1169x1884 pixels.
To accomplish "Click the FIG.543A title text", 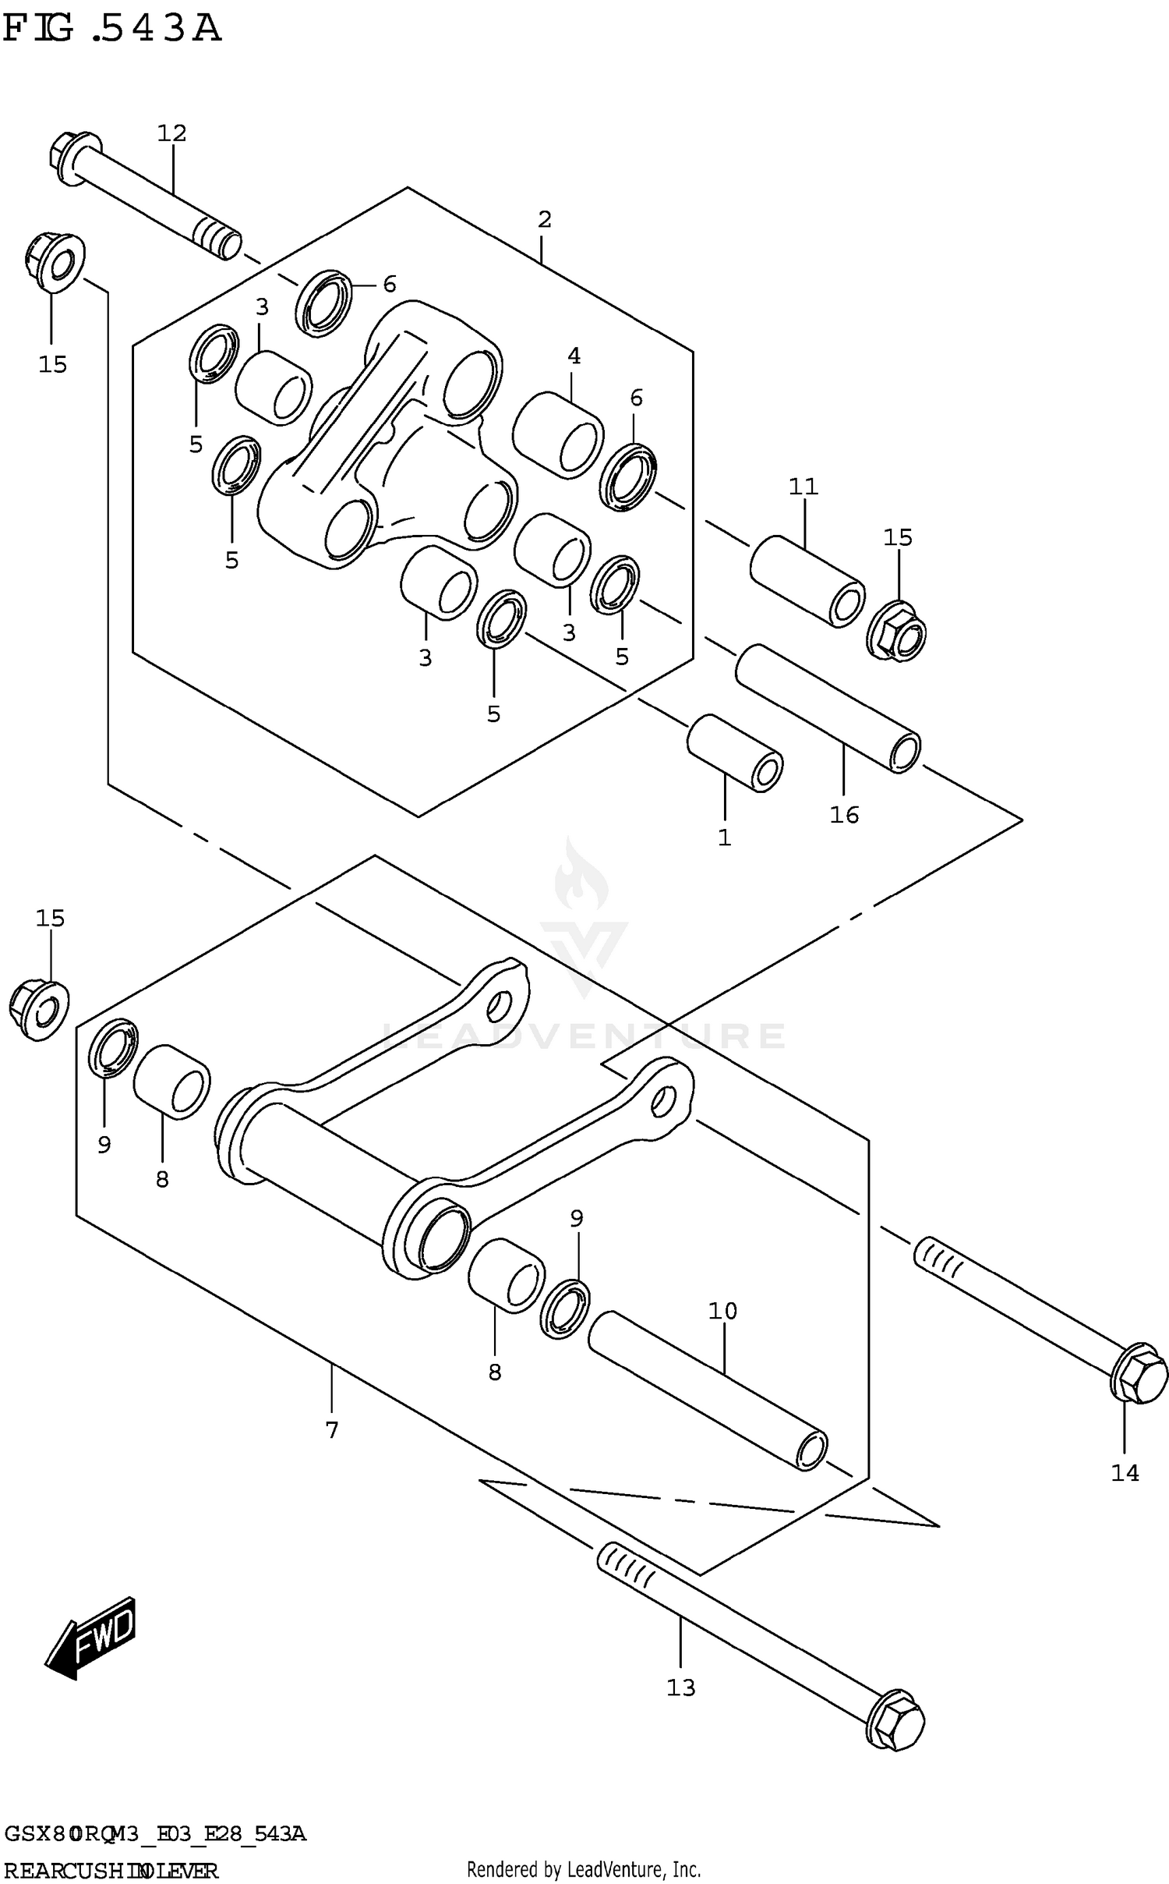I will click(112, 30).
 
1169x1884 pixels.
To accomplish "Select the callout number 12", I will click(172, 133).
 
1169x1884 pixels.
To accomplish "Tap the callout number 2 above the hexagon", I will click(544, 220).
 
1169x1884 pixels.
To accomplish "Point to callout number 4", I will click(574, 356).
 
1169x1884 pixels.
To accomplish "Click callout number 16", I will click(844, 815).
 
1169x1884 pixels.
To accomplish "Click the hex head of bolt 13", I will click(896, 1719).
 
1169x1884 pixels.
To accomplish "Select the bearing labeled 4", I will click(558, 435).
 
